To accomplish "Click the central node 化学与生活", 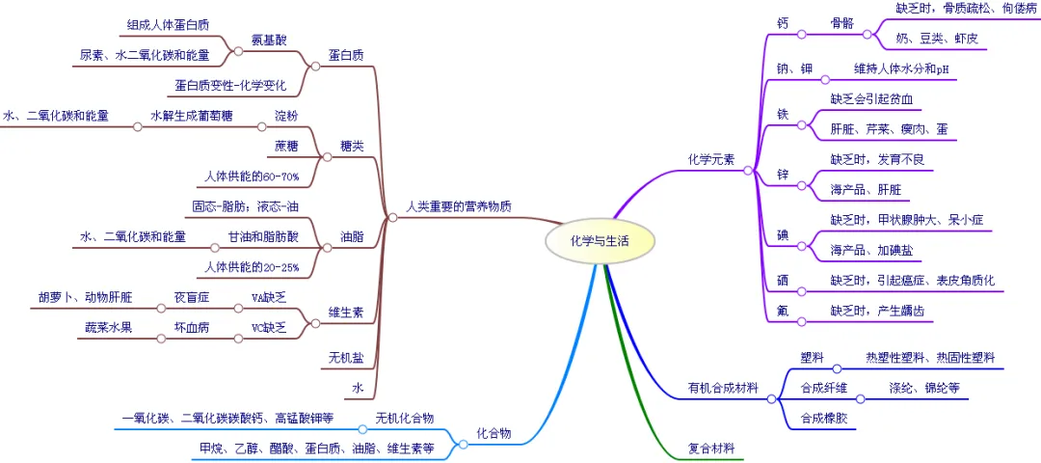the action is tap(600, 242).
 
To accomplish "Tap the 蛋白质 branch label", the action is tap(346, 55).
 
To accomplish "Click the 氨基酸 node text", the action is tap(269, 39).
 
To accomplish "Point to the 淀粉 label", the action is tap(286, 115).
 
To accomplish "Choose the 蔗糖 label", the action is tap(286, 147).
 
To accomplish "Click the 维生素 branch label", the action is tap(346, 313).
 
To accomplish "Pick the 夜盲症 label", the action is tap(191, 297).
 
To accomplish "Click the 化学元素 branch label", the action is tap(711, 160).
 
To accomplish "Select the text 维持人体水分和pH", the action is tap(901, 69).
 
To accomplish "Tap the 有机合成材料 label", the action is tap(723, 388).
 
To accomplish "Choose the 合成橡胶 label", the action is tap(824, 418).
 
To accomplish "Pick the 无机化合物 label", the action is tap(404, 418).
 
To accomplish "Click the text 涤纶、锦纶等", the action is tap(924, 388).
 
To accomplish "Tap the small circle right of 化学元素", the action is tap(748, 170).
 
